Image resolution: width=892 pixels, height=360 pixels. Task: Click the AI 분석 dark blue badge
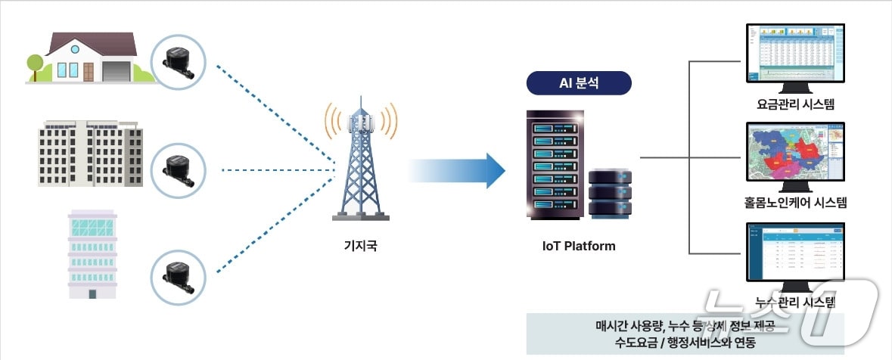pos(579,82)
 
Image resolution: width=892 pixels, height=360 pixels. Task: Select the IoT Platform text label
pos(579,246)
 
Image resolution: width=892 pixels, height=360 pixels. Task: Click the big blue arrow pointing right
pos(458,170)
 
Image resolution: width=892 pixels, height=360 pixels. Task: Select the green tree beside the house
pos(35,64)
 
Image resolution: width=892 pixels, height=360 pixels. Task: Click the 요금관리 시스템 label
pos(794,104)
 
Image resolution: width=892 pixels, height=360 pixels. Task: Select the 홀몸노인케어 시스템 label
pos(794,203)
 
